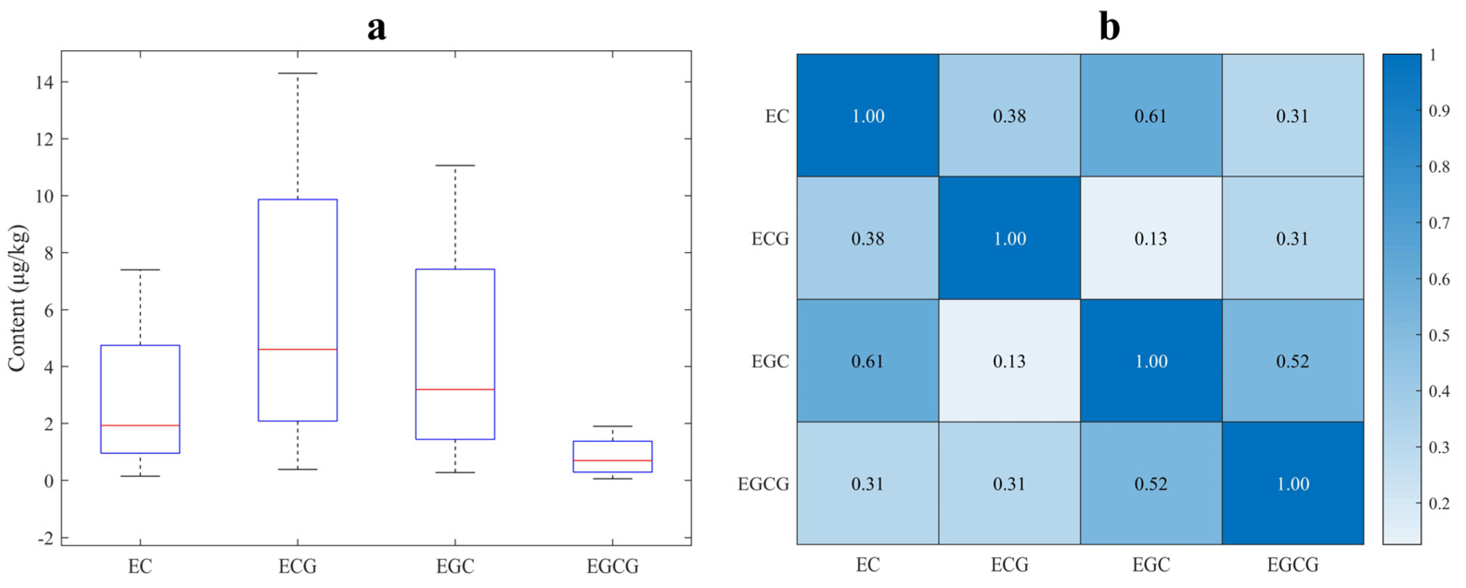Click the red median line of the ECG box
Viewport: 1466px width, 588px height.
click(x=298, y=349)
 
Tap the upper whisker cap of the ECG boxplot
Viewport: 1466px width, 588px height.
click(x=298, y=73)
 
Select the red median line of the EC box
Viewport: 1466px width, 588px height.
click(x=140, y=425)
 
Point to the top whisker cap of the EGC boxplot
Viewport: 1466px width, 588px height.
click(x=455, y=166)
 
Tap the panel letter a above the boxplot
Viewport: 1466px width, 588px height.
click(x=376, y=27)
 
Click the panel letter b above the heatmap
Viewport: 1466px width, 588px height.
click(x=1109, y=27)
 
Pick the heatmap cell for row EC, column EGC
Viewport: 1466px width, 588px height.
click(x=1151, y=116)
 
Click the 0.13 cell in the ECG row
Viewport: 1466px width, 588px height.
click(x=1151, y=238)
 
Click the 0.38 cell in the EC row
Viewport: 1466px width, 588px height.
click(x=1009, y=116)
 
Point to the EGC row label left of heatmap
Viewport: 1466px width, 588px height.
click(x=770, y=362)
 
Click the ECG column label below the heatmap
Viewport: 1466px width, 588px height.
click(x=1009, y=565)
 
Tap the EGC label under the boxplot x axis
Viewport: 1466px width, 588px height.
click(x=455, y=566)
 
